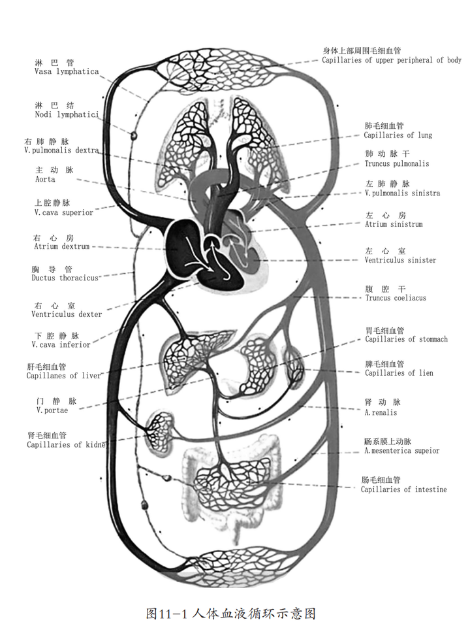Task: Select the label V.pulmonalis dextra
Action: [60, 150]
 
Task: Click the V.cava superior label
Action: [63, 212]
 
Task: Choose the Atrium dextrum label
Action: [61, 246]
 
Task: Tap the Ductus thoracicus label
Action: [65, 278]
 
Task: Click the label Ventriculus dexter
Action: [67, 314]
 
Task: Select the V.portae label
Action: [52, 410]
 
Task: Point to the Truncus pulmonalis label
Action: [397, 163]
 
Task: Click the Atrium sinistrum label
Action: [394, 224]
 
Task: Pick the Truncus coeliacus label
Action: [396, 298]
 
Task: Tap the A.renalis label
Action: [381, 412]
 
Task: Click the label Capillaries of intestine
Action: [403, 489]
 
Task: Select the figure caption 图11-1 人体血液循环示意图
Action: [232, 614]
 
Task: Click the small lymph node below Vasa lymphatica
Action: [134, 136]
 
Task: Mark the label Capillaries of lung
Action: [398, 135]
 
